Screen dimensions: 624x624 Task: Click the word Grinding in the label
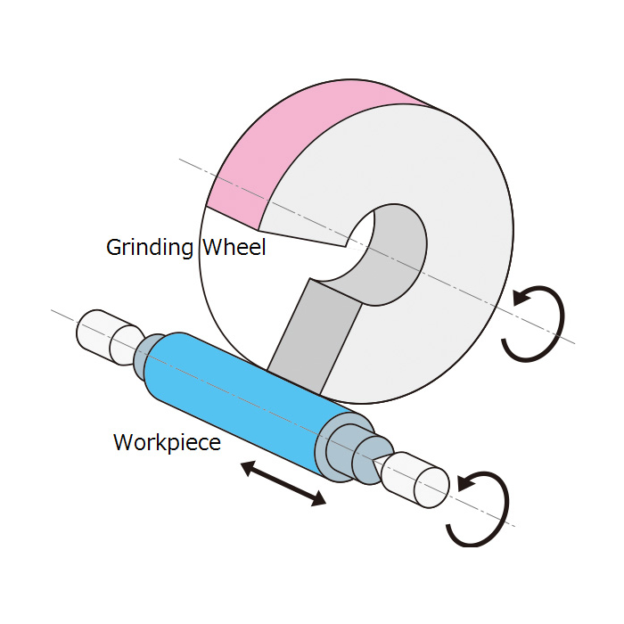tap(150, 248)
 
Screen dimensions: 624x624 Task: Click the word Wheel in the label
tap(234, 247)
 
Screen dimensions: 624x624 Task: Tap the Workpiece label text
tap(168, 442)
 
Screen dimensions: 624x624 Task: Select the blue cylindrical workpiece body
tap(239, 402)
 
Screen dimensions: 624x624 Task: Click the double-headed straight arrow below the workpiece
tap(283, 483)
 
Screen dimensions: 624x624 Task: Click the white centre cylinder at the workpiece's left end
tap(108, 338)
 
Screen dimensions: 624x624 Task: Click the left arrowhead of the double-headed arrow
tap(249, 467)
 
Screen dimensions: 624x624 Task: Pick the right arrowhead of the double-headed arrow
tap(318, 499)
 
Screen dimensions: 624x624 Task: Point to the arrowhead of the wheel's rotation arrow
tap(521, 297)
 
